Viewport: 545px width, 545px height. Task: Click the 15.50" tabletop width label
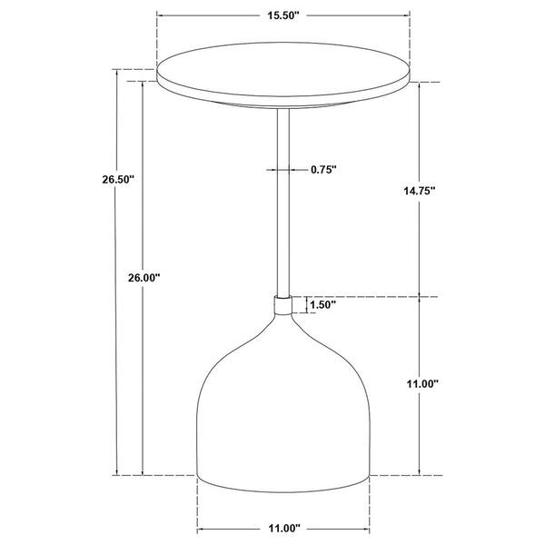(x=283, y=15)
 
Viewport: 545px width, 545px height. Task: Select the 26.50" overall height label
(x=118, y=180)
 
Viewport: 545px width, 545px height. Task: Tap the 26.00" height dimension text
(x=144, y=278)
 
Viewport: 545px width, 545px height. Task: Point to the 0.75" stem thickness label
(x=323, y=170)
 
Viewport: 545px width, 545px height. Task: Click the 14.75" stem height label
(x=420, y=191)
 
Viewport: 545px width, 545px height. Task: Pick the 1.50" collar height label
(x=322, y=305)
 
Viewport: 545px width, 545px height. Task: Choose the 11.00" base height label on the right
(x=422, y=383)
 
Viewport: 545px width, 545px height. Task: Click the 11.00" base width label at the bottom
(x=284, y=529)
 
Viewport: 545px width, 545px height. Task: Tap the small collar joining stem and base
(x=283, y=305)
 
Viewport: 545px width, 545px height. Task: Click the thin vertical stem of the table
(x=283, y=203)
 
